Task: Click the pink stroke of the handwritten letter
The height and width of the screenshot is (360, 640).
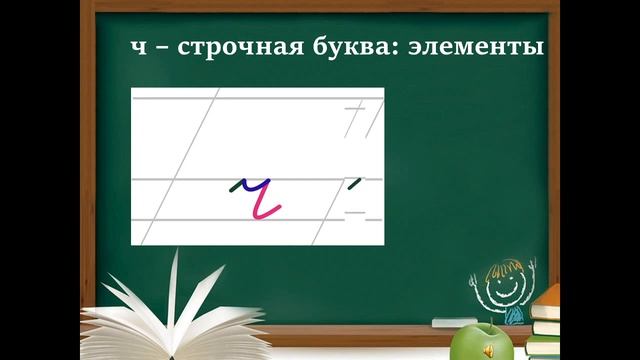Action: pos(265,204)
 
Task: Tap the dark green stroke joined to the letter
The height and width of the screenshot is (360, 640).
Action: pos(236,186)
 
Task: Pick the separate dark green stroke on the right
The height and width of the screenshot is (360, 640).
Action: pos(352,183)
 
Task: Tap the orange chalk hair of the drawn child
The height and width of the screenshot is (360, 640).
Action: pos(503,266)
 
